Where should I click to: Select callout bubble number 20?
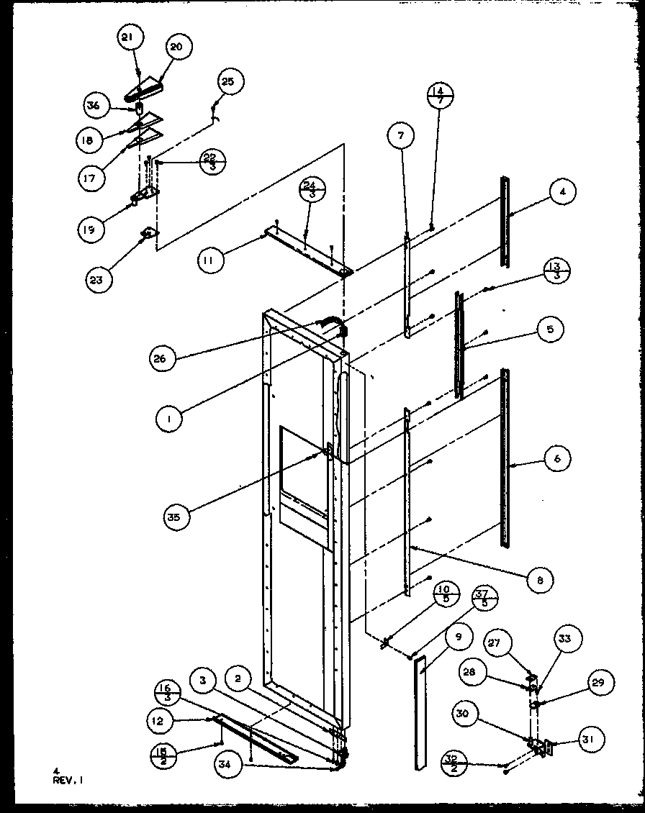tap(176, 47)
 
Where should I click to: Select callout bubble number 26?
tap(164, 358)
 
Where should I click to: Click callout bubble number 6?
tap(558, 458)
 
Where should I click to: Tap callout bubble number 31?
tap(592, 739)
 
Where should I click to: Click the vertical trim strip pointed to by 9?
tap(420, 712)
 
